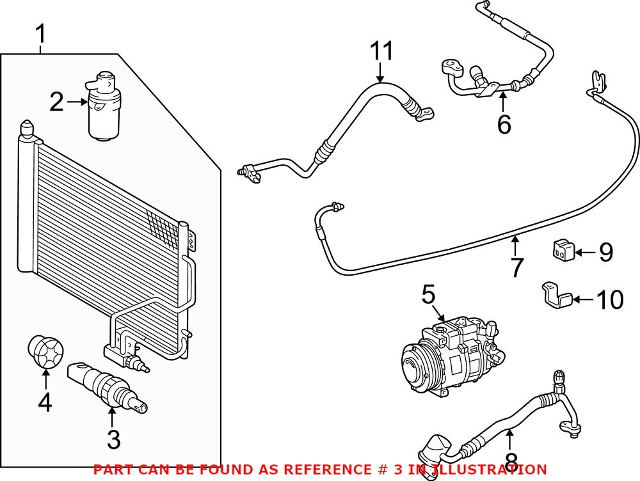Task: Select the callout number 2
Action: point(57,102)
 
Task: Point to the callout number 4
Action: point(45,404)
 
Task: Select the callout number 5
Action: point(428,295)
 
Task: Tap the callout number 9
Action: point(605,253)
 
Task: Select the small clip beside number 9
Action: point(562,250)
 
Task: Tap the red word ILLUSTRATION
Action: point(493,469)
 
